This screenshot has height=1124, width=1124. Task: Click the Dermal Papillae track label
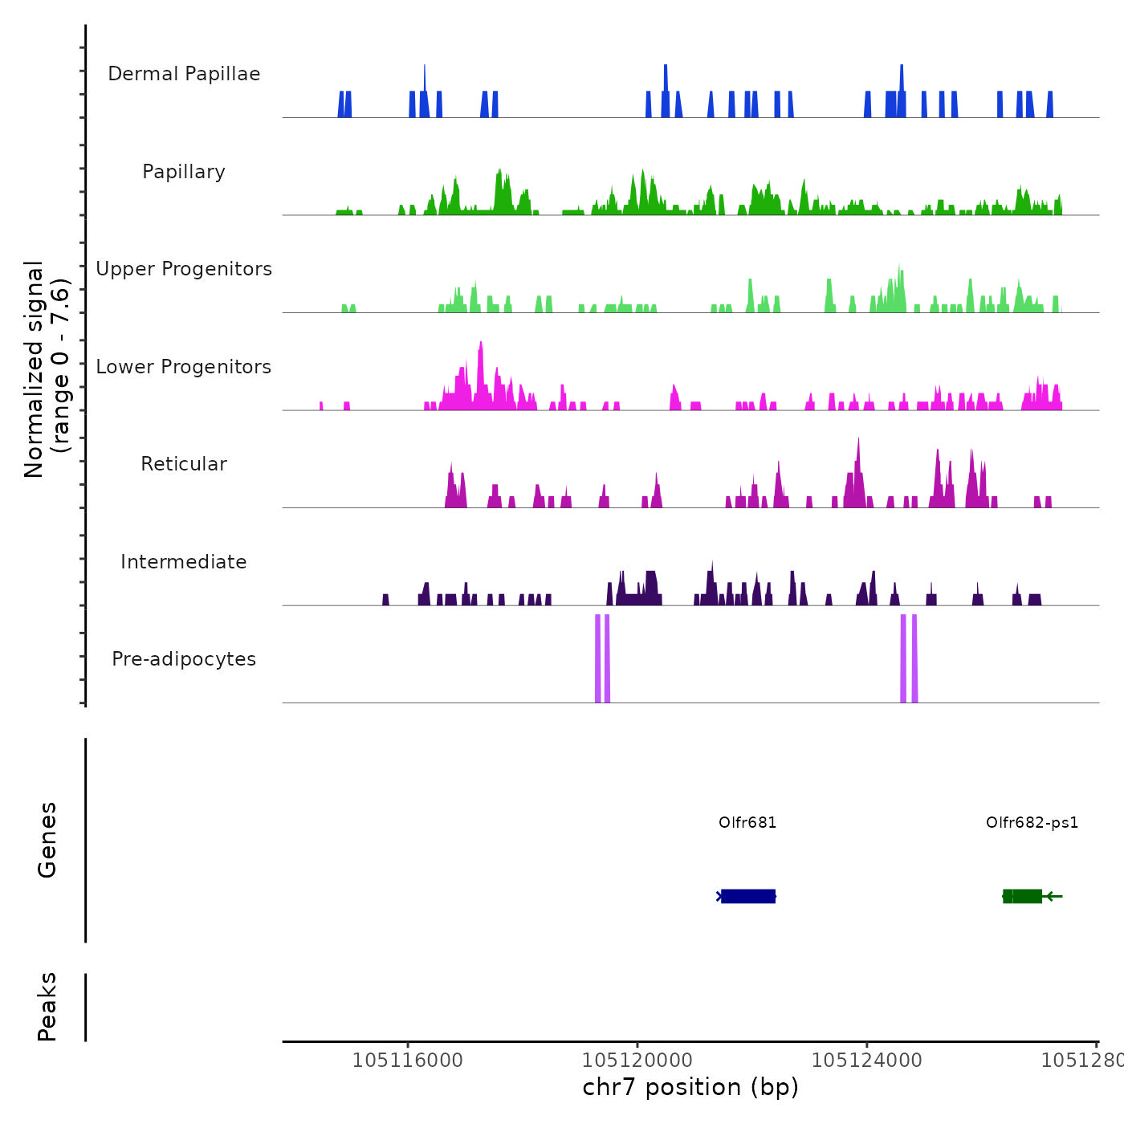click(x=184, y=74)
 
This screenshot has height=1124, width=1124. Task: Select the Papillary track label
click(x=184, y=172)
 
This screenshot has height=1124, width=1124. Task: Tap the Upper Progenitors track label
click(x=184, y=269)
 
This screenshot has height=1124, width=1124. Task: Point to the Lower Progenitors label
click(x=184, y=367)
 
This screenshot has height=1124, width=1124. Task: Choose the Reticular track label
click(x=184, y=464)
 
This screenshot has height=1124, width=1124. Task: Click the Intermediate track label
click(x=184, y=562)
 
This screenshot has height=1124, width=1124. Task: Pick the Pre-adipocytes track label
click(x=184, y=659)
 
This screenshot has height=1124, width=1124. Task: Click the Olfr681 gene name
click(x=747, y=823)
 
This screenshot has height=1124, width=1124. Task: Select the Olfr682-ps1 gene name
click(x=1032, y=823)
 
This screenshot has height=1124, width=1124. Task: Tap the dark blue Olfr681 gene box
click(x=747, y=896)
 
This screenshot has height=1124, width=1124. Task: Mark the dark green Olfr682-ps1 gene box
click(x=1022, y=896)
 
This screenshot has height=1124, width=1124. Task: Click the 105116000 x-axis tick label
click(x=408, y=1061)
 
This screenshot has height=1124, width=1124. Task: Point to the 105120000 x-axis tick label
click(x=637, y=1061)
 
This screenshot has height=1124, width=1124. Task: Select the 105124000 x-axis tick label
click(x=867, y=1061)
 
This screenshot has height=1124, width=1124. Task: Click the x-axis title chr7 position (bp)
click(x=690, y=1087)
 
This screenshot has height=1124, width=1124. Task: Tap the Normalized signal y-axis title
click(x=47, y=369)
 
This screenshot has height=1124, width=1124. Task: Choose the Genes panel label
click(x=47, y=840)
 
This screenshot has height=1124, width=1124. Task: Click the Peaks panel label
click(x=47, y=1007)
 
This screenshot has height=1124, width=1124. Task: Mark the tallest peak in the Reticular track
click(x=858, y=441)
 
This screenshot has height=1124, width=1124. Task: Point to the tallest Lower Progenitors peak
click(x=481, y=344)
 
